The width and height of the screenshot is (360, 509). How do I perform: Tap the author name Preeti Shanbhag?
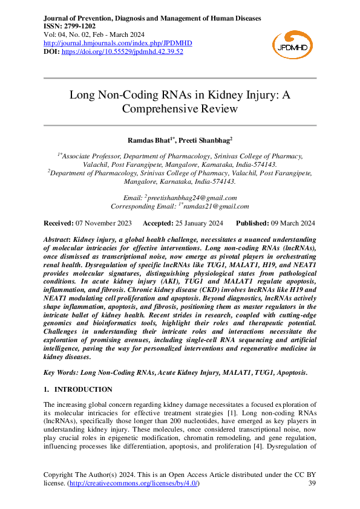pyautogui.click(x=207, y=140)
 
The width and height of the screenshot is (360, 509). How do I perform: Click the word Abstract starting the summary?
pyautogui.click(x=57, y=240)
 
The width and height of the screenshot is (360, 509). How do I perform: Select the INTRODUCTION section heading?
pyautogui.click(x=83, y=389)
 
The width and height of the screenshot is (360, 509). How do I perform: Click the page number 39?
pyautogui.click(x=312, y=484)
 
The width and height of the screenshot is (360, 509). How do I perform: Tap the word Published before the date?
pyautogui.click(x=252, y=223)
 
